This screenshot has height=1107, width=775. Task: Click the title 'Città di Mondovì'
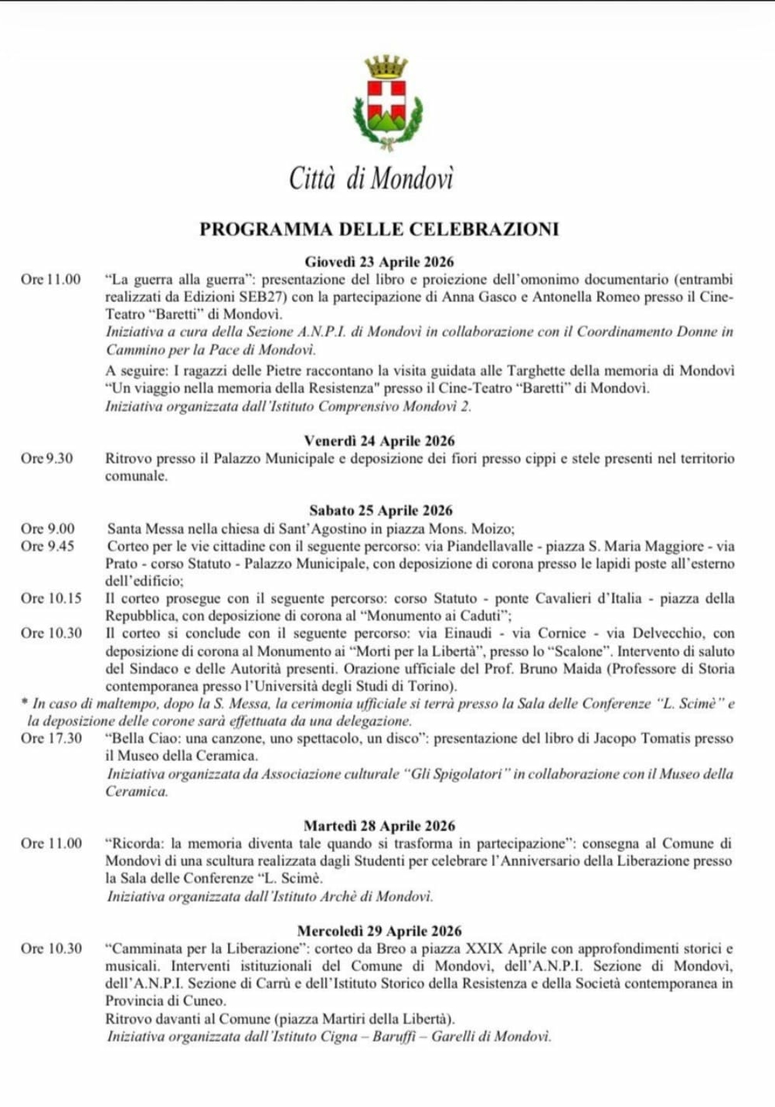click(x=371, y=178)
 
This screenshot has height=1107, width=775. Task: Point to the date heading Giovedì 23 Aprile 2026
click(x=379, y=262)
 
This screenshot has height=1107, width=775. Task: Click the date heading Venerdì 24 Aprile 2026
click(x=379, y=441)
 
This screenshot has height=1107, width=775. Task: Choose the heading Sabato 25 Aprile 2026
click(x=380, y=511)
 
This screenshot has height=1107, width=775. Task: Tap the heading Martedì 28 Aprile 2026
click(x=380, y=826)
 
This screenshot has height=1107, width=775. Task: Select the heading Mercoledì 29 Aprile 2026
click(x=379, y=931)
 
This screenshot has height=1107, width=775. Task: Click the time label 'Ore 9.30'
click(x=47, y=459)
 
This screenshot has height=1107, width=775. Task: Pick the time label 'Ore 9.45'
click(x=48, y=546)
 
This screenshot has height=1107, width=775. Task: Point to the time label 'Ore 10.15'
click(x=51, y=599)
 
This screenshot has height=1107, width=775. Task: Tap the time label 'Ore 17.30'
click(x=51, y=739)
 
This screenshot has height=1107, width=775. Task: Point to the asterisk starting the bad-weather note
click(x=25, y=703)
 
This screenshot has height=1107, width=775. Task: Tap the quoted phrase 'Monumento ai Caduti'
click(x=437, y=616)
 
